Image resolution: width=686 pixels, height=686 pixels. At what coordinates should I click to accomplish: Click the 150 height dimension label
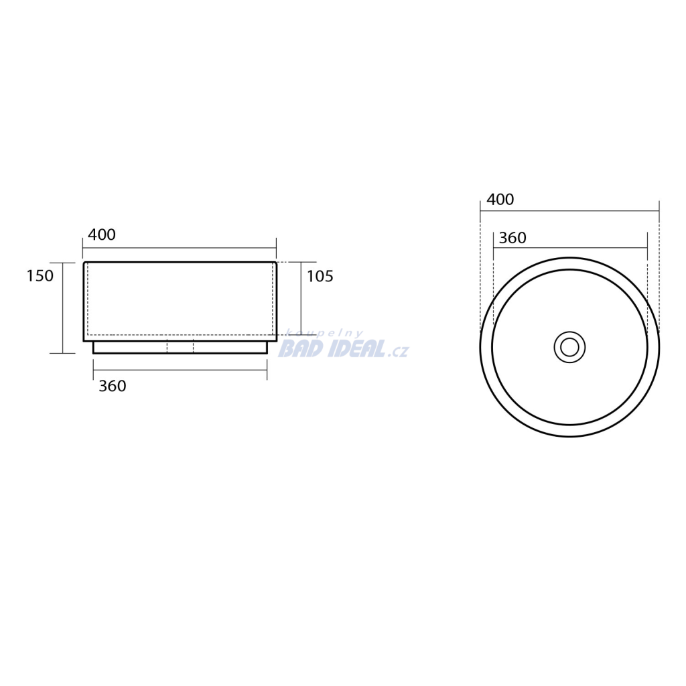click(40, 275)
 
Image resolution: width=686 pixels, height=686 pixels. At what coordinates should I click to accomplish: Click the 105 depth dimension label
click(320, 276)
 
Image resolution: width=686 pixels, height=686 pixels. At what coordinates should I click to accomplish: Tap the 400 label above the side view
click(102, 234)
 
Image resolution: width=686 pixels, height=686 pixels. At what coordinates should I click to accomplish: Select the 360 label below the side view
click(113, 386)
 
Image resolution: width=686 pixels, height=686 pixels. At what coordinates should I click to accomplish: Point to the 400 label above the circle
click(500, 200)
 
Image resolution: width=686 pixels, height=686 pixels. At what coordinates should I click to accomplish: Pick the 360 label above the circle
click(512, 238)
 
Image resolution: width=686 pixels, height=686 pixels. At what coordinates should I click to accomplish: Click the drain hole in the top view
click(569, 348)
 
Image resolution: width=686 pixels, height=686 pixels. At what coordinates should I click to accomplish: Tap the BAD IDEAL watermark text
click(332, 348)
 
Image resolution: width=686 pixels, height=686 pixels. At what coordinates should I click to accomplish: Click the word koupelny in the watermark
click(324, 334)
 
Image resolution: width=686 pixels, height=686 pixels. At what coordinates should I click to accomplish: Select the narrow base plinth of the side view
click(180, 348)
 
